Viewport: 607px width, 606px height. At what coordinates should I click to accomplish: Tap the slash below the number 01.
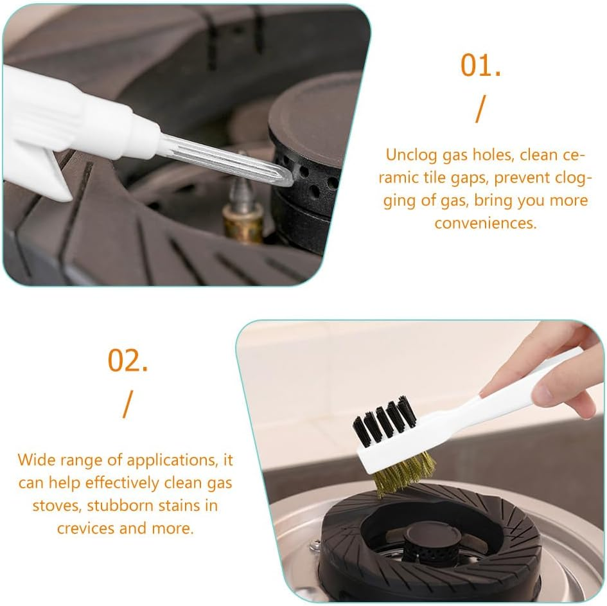click(x=480, y=109)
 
